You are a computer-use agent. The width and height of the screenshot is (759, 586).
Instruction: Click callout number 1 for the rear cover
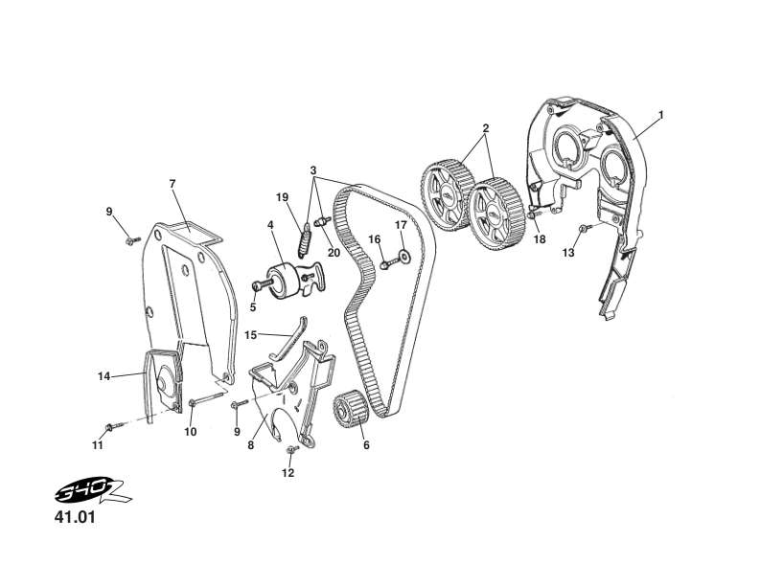661,115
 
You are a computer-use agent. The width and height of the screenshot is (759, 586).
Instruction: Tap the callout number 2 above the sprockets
486,127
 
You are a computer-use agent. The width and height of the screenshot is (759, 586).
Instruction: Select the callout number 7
172,183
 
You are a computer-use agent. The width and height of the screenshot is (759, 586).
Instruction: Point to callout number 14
103,376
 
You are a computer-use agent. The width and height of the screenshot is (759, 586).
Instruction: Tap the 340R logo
91,495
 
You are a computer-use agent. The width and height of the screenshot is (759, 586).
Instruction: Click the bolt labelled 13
584,229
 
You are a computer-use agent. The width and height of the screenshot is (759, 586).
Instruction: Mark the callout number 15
250,335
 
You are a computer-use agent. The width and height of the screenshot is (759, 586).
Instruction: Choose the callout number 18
540,239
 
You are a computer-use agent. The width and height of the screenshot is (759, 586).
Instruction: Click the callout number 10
191,432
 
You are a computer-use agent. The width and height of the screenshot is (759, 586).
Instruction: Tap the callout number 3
312,170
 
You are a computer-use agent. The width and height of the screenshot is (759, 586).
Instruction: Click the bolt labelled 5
258,284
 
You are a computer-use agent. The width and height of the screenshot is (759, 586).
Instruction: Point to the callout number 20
334,253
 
